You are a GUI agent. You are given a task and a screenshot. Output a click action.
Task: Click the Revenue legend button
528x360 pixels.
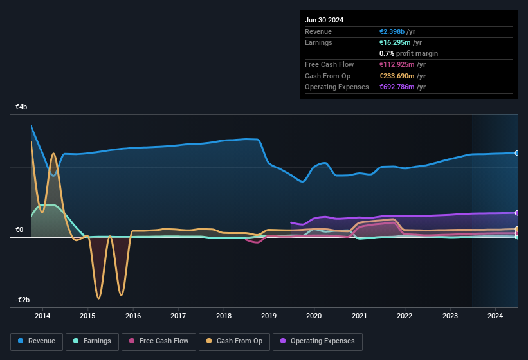point(37,341)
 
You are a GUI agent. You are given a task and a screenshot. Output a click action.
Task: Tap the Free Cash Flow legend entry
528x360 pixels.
point(159,341)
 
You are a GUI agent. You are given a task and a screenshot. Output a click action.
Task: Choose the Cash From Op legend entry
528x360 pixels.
point(234,341)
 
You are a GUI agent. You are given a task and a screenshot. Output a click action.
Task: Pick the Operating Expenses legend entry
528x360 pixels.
point(317,341)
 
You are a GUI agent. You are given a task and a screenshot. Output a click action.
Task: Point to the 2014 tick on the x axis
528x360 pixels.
point(42,316)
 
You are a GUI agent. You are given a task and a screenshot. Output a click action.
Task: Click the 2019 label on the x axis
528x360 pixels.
point(269,316)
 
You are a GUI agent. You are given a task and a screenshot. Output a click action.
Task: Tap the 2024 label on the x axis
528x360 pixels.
point(495,316)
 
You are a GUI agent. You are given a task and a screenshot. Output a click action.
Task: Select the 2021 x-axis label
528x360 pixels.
point(360,316)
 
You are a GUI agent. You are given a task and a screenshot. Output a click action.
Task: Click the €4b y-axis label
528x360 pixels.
point(21,107)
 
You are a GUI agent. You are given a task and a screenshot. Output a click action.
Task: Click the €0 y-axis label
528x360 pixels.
point(19,230)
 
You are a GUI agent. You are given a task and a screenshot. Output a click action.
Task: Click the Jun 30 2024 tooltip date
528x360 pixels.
point(324,20)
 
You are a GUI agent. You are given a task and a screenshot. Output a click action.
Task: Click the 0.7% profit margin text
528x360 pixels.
point(408,53)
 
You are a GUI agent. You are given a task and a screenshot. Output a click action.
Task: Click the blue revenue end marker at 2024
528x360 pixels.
point(517,153)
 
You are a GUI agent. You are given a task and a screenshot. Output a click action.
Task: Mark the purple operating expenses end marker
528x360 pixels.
point(517,213)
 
